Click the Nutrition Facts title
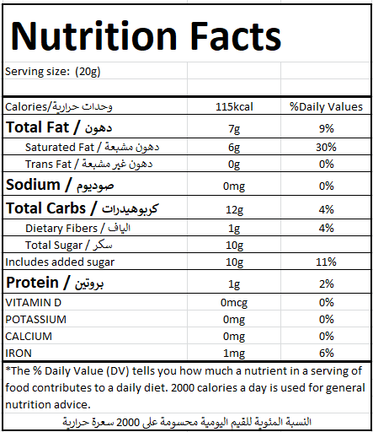pyautogui.click(x=146, y=36)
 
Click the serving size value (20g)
pyautogui.click(x=88, y=72)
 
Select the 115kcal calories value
pyautogui.click(x=234, y=107)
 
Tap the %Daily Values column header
pyautogui.click(x=326, y=107)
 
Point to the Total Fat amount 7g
pyautogui.click(x=234, y=129)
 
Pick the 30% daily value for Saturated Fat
pyautogui.click(x=326, y=147)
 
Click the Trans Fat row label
pyautogui.click(x=88, y=164)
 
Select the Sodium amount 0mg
pyautogui.click(x=234, y=186)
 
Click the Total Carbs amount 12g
pyautogui.click(x=234, y=210)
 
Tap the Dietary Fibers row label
pyautogui.click(x=77, y=228)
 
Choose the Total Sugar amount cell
pyautogui.click(x=234, y=246)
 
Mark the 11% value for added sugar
pyautogui.click(x=326, y=262)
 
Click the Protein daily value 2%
pyautogui.click(x=326, y=283)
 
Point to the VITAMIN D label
pyautogui.click(x=33, y=303)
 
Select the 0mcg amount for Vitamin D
pyautogui.click(x=234, y=303)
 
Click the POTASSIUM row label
pyautogui.click(x=35, y=320)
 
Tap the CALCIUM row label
pyautogui.click(x=29, y=337)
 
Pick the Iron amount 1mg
pyautogui.click(x=234, y=354)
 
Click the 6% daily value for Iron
pyautogui.click(x=326, y=353)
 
